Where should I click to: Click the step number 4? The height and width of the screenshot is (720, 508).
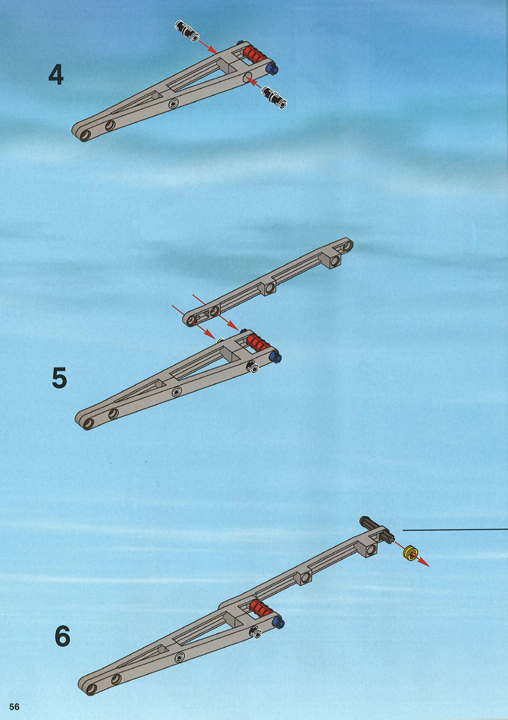click(55, 75)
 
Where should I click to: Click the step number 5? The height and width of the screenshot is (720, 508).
click(59, 379)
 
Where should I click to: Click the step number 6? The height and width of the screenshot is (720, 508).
click(63, 636)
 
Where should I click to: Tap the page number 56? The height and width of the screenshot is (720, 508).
click(14, 707)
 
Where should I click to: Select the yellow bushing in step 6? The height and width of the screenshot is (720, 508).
click(409, 553)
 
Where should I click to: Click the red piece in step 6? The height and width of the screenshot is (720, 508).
click(262, 609)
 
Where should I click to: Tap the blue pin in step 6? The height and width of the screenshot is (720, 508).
click(279, 622)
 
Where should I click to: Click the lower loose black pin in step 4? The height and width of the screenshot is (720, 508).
click(274, 97)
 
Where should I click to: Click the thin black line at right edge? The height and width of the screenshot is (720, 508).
click(455, 529)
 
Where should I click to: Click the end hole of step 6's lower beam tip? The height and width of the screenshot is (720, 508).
click(91, 688)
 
